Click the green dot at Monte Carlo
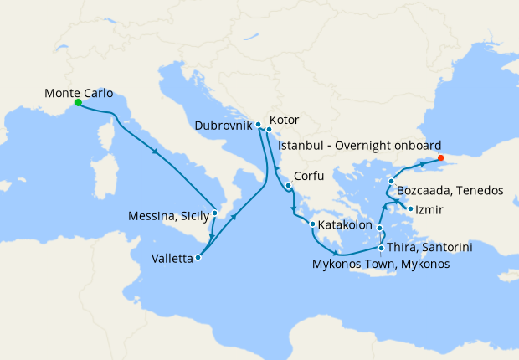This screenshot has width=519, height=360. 77,103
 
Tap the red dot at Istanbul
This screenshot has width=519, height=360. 441,157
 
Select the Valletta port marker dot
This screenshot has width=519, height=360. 198,258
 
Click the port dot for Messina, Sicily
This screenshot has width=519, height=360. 215,213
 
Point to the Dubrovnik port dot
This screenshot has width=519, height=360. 258,125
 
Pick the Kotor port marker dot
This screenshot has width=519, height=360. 269,129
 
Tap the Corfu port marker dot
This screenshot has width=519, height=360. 287,186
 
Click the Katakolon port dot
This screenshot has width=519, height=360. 312,224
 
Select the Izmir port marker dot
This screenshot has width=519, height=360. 409,208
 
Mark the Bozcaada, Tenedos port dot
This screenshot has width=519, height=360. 391,181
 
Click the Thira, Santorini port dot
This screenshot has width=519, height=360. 381,248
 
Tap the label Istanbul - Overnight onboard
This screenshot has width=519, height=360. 359,145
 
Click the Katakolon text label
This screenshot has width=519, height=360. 344,224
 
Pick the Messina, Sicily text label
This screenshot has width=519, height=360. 168,216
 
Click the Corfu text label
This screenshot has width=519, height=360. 309,177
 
